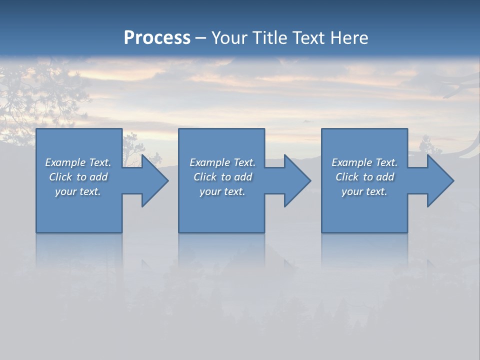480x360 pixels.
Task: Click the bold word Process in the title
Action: click(157, 38)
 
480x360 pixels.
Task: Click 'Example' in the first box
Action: click(65, 162)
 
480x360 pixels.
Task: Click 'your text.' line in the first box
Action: click(78, 191)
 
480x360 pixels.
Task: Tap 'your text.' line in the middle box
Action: click(222, 191)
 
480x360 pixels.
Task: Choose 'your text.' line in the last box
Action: click(364, 191)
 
